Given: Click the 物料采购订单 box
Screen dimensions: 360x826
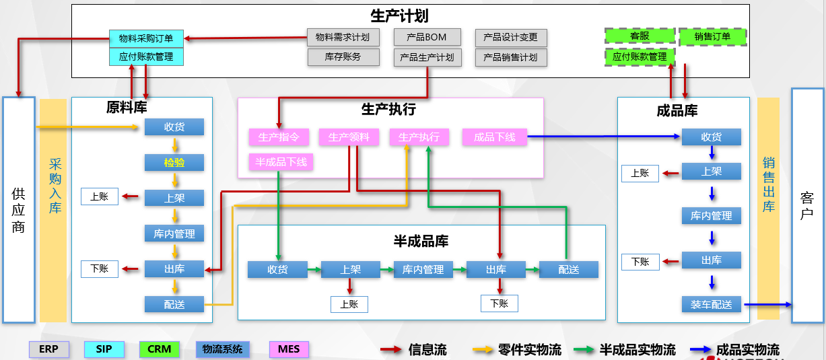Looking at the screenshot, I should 146,38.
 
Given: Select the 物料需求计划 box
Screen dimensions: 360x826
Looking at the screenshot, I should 343,37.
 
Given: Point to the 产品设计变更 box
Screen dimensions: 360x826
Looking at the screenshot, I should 510,37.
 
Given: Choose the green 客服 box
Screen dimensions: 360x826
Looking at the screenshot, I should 640,36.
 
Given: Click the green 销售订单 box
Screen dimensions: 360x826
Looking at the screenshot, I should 712,36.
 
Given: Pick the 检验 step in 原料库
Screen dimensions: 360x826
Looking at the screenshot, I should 174,162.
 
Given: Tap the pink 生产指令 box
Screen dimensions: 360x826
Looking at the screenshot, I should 279,137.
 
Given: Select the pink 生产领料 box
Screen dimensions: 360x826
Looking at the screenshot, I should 349,137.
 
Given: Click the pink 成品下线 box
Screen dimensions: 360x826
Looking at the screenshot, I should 495,137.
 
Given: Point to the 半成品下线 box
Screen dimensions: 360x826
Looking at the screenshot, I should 281,162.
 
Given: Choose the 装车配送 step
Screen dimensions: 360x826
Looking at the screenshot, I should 712,304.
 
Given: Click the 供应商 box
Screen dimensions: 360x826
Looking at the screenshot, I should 19,209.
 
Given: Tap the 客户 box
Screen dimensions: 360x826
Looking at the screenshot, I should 807,205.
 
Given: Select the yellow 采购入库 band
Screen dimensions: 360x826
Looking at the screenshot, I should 54,209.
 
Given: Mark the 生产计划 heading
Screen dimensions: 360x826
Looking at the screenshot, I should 399,15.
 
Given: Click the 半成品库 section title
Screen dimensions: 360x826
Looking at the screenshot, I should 421,241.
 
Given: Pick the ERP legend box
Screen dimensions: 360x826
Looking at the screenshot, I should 48,349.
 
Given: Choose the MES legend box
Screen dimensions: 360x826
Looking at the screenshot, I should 289,349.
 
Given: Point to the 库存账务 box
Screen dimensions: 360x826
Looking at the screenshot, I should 343,57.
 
